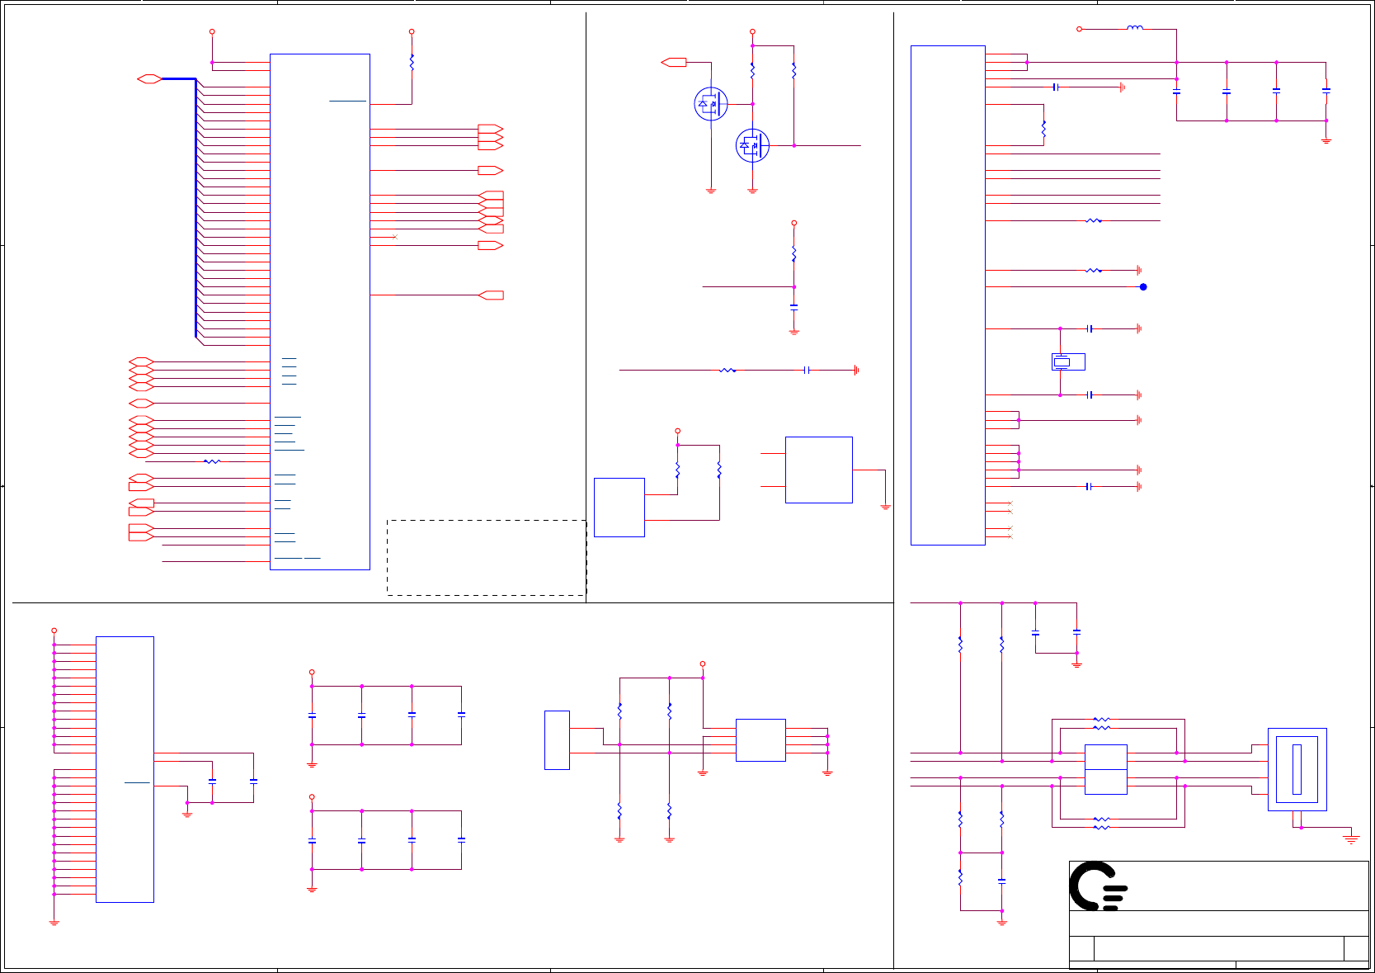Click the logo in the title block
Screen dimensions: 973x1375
pyautogui.click(x=1098, y=886)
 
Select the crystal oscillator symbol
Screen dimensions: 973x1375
pyautogui.click(x=1062, y=361)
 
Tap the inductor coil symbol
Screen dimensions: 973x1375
pyautogui.click(x=1135, y=28)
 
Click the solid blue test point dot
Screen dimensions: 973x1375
pyautogui.click(x=1143, y=286)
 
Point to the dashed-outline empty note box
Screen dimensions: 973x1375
pyautogui.click(x=486, y=557)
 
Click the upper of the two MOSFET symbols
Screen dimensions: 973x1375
pyautogui.click(x=710, y=104)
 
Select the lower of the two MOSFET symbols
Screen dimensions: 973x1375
pyautogui.click(x=751, y=145)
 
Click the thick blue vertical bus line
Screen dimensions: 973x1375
pyautogui.click(x=195, y=206)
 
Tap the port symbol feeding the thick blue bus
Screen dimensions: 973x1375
pyautogui.click(x=149, y=78)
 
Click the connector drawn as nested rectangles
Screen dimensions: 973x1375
pyautogui.click(x=1297, y=769)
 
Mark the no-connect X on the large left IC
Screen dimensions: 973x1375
pyautogui.click(x=395, y=237)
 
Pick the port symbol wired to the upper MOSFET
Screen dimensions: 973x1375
pyautogui.click(x=674, y=62)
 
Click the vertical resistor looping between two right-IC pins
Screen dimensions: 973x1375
pyautogui.click(x=1043, y=129)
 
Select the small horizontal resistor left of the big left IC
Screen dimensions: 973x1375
pyautogui.click(x=212, y=461)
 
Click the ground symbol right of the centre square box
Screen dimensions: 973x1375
pyautogui.click(x=885, y=507)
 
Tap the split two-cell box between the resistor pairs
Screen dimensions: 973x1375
pyautogui.click(x=1105, y=769)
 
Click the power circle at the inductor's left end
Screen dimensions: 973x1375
pyautogui.click(x=1079, y=29)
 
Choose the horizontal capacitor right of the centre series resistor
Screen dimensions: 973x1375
pyautogui.click(x=807, y=370)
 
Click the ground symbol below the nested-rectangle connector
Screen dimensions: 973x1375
pyautogui.click(x=1350, y=838)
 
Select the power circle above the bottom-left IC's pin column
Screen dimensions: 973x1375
pyautogui.click(x=54, y=631)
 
